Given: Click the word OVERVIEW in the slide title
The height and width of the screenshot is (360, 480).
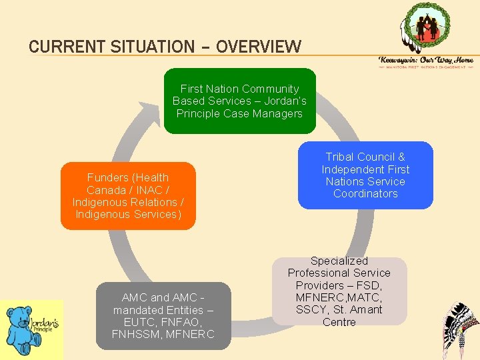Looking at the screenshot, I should click(x=259, y=47).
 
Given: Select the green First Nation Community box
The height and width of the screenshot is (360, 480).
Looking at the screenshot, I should click(x=239, y=101).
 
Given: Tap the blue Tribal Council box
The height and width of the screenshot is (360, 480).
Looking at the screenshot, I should click(x=365, y=175).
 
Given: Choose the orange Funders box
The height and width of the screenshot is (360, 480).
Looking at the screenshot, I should click(x=127, y=196).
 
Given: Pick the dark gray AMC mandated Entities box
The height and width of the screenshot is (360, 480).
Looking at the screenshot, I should click(x=163, y=316).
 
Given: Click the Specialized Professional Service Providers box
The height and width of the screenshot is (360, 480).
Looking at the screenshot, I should click(x=339, y=291).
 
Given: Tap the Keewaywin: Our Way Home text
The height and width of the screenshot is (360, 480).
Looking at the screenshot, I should click(x=426, y=60).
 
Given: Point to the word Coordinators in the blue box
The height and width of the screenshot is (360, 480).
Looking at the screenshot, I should click(x=365, y=194).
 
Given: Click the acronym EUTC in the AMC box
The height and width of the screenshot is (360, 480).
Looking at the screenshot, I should click(x=133, y=323).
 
